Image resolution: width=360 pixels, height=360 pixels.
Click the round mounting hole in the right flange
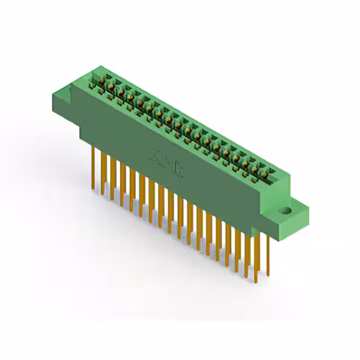286,211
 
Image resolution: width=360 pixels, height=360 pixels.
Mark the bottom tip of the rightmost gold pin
268,277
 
